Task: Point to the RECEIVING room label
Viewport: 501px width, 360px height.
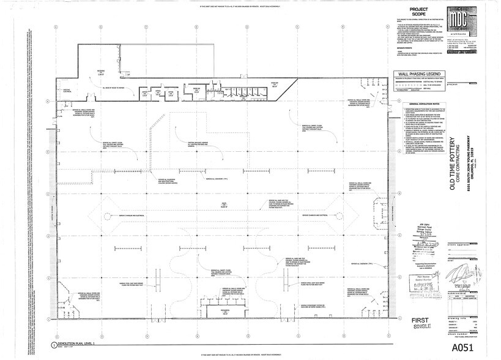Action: (x=101, y=72)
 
